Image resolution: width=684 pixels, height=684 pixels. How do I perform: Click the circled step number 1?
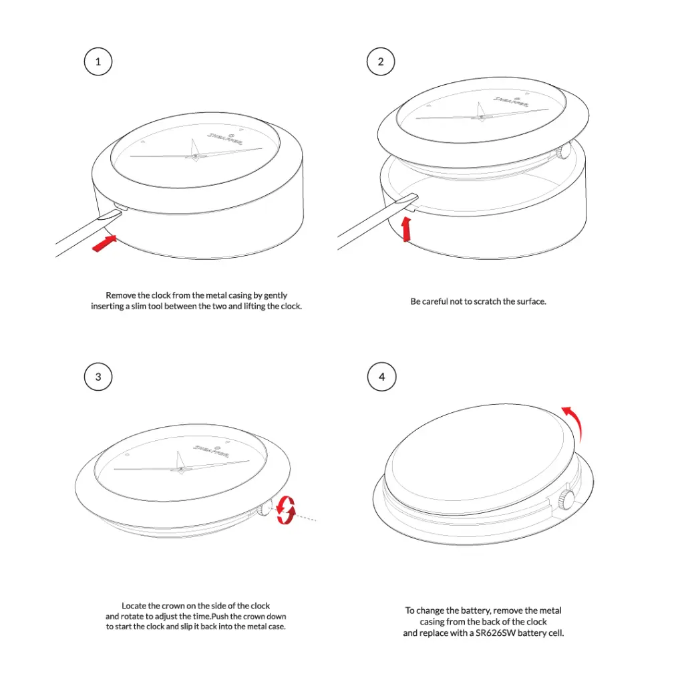(x=98, y=62)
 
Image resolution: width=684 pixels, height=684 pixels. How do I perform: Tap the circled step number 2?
(x=381, y=62)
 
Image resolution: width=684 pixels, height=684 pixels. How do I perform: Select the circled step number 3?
(x=98, y=377)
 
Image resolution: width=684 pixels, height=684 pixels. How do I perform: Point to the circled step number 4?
(x=381, y=377)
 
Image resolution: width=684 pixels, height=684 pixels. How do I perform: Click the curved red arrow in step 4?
(x=573, y=421)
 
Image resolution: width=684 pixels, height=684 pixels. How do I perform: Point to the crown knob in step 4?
(x=566, y=498)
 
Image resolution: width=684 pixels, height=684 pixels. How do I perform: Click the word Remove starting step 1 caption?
(x=120, y=295)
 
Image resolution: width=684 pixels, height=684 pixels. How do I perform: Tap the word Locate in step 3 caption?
(x=134, y=605)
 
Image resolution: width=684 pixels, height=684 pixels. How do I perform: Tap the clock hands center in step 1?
(x=194, y=156)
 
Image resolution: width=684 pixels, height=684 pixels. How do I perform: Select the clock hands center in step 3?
(x=180, y=469)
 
